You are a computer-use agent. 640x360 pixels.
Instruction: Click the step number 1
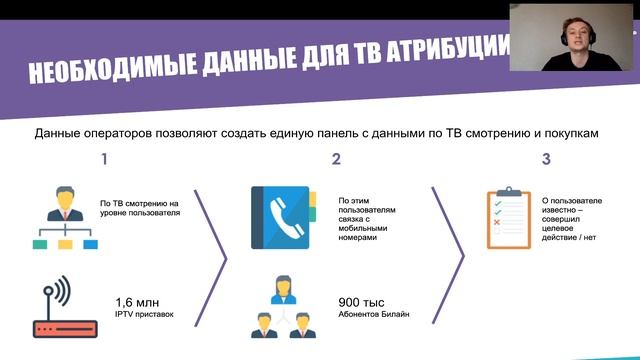103,159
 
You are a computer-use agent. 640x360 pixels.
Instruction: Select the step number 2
336,159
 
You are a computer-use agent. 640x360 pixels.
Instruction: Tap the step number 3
546,159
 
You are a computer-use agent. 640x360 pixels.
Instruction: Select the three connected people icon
283,308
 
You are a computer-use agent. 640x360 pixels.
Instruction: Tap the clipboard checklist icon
508,218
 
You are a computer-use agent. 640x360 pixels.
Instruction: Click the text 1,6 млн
138,303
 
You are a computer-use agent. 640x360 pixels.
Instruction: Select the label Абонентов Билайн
374,316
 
